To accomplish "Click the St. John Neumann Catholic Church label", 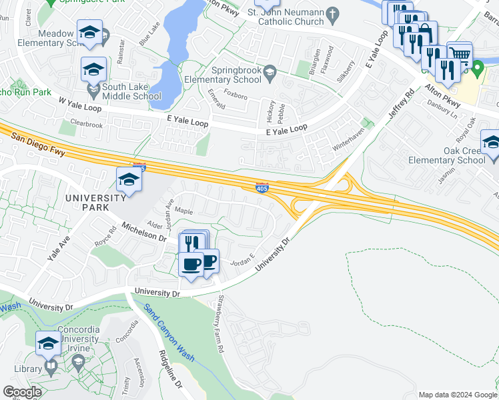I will pos(286,17).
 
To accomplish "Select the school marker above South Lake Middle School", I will pos(94,69).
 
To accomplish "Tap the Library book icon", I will pos(50,367).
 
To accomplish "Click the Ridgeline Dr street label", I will pos(170,370).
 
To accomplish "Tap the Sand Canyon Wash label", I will pos(169,331).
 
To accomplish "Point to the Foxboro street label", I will pos(235,97).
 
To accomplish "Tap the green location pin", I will pos(477,69).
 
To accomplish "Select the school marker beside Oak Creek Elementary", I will pos(490,142).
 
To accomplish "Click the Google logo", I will pos(22,392).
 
